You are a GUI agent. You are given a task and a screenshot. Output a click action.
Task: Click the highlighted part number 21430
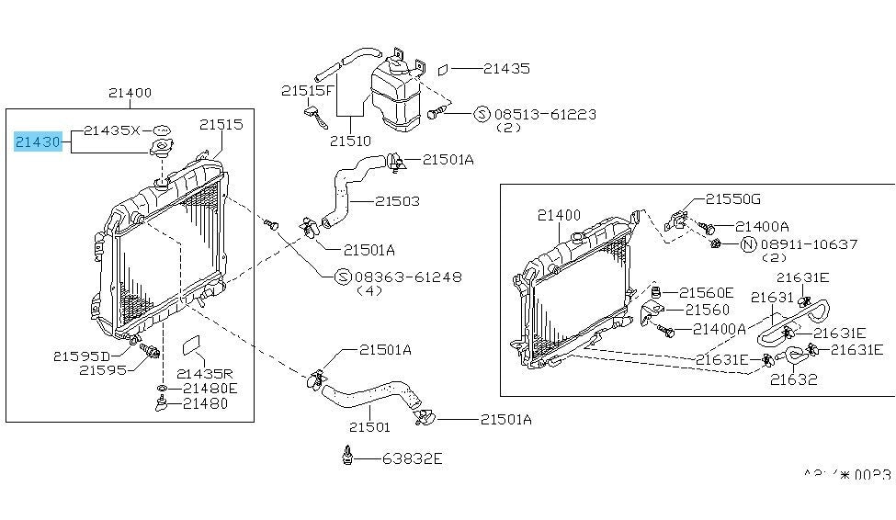(x=38, y=141)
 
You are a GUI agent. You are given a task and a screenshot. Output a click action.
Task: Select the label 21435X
(x=111, y=130)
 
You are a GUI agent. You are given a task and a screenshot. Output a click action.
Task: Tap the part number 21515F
(x=310, y=90)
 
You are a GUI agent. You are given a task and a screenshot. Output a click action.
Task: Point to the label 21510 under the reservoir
(x=352, y=141)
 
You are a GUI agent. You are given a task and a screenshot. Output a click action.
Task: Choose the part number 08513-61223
(x=545, y=115)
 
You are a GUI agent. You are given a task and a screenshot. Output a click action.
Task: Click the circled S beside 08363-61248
(x=342, y=277)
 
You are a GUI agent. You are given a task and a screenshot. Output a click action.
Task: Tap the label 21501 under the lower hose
(x=369, y=426)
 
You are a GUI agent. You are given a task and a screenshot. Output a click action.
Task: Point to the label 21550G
(x=733, y=198)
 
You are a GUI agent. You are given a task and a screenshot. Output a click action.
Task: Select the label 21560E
(x=707, y=292)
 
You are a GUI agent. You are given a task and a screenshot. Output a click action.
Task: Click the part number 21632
(x=793, y=379)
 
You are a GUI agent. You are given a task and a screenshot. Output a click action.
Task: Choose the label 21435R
(x=204, y=373)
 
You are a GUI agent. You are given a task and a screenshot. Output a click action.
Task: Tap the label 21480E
(x=210, y=388)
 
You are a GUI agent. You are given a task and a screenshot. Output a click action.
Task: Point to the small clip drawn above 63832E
(x=347, y=455)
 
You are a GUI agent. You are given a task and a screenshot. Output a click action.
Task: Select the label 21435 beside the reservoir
(x=505, y=68)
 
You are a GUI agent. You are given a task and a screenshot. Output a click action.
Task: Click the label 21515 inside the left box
(x=221, y=124)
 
